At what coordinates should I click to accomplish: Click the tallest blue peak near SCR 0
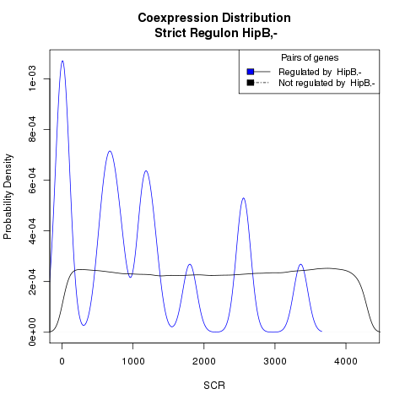pos(62,61)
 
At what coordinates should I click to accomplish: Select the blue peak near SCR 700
pos(110,151)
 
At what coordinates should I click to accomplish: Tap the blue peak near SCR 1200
pos(146,171)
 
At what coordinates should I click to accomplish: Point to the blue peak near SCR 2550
pos(243,198)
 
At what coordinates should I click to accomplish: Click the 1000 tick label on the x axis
pos(133,361)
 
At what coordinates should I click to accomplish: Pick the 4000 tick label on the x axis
pos(346,361)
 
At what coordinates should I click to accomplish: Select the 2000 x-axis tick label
pos(204,361)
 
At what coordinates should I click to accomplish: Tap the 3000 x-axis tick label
pos(275,361)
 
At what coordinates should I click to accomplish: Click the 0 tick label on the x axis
pos(62,361)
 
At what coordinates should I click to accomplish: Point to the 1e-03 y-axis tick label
pos(32,78)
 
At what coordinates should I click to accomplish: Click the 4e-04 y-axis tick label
pos(32,230)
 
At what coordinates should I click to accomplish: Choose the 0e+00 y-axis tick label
pos(32,332)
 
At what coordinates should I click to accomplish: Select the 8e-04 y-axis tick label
pos(32,129)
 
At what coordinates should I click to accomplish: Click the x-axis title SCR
pos(214,386)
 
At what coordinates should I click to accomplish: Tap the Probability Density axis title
pos(8,197)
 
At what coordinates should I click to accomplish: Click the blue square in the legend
pos(251,72)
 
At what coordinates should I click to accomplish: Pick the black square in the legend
pos(251,83)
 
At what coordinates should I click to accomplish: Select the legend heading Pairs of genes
pos(310,58)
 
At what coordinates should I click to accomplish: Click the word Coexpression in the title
pos(178,18)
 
